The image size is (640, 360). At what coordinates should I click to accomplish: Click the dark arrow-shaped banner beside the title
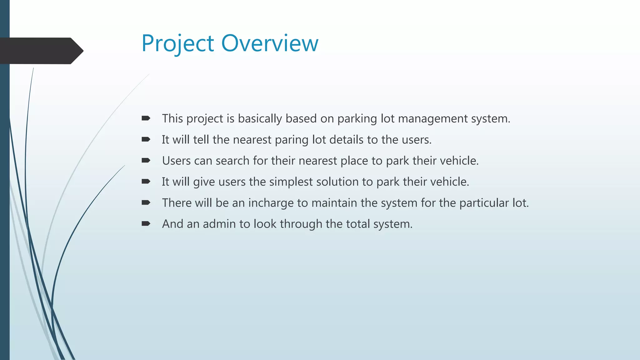41,51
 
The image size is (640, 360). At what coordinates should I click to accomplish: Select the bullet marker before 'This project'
146,118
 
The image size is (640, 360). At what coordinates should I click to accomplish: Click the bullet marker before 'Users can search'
146,160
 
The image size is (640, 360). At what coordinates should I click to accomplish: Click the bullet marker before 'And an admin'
146,223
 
